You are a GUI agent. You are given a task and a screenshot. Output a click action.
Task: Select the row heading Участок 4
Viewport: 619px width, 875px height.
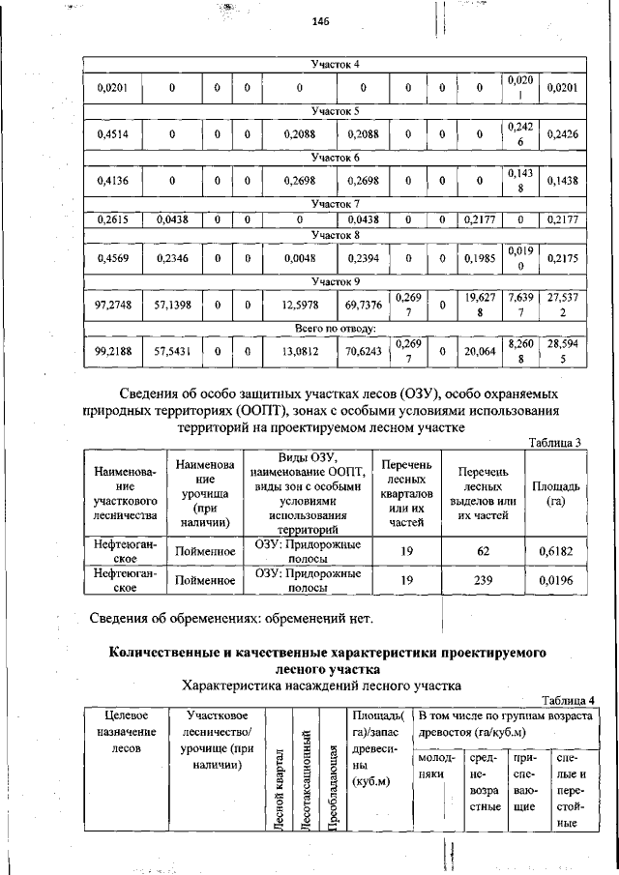click(x=335, y=65)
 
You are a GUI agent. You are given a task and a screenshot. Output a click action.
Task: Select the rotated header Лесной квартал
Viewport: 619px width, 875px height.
click(x=279, y=775)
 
